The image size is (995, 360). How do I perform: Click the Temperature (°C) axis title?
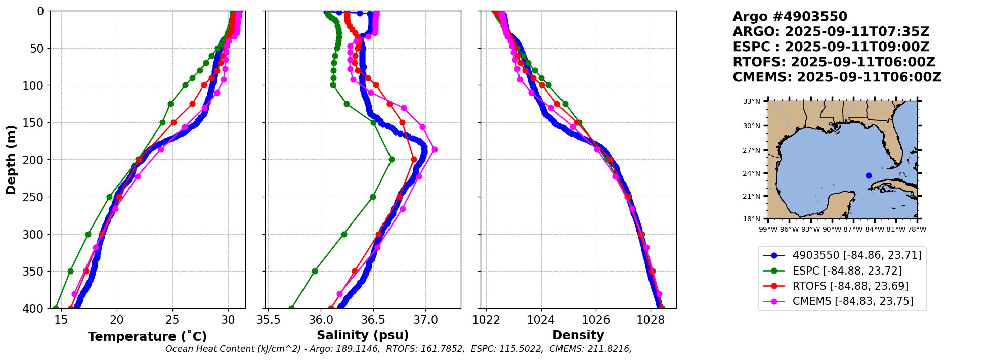click(x=147, y=336)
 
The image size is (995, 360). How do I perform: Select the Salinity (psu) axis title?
click(x=363, y=335)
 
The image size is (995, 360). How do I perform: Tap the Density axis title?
click(x=578, y=335)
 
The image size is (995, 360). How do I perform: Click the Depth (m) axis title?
click(x=11, y=160)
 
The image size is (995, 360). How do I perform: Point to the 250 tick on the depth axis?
click(x=35, y=197)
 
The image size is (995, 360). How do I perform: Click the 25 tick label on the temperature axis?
click(x=172, y=320)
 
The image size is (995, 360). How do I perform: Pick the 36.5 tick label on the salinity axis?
click(x=373, y=320)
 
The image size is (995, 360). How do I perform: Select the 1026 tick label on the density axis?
click(x=596, y=320)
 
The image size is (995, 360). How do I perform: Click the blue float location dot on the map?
click(x=869, y=176)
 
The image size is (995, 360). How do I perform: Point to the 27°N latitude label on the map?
click(x=752, y=150)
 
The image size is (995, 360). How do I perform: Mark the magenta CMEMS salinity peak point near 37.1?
click(x=435, y=149)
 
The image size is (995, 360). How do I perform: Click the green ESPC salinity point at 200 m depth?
click(x=392, y=159)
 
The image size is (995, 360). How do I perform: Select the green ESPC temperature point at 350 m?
click(x=70, y=271)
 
